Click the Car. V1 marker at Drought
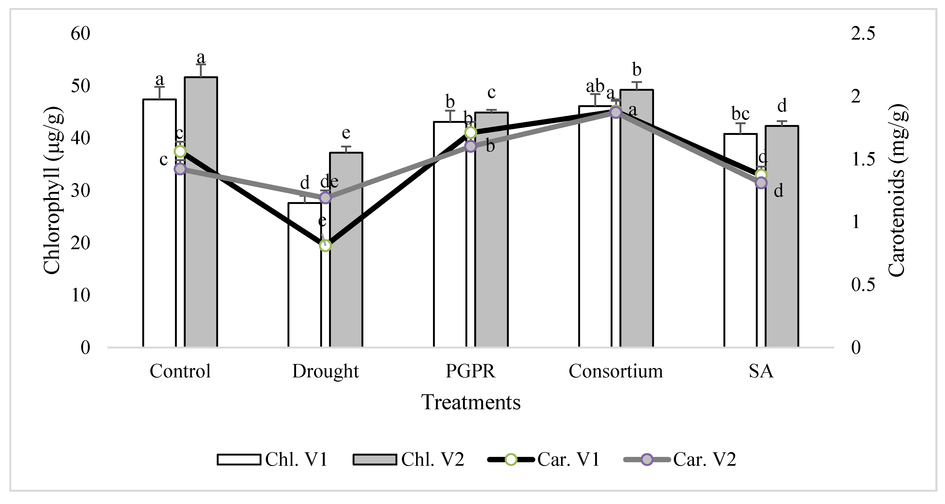[325, 245]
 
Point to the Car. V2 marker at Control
[180, 169]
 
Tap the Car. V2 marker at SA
[761, 183]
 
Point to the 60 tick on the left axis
[80, 34]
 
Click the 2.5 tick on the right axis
[863, 34]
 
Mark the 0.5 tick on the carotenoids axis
[863, 285]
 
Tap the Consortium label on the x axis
[615, 371]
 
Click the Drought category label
[325, 371]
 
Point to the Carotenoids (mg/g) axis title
[897, 190]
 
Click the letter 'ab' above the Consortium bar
[595, 86]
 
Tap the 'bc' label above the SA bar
[740, 114]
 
